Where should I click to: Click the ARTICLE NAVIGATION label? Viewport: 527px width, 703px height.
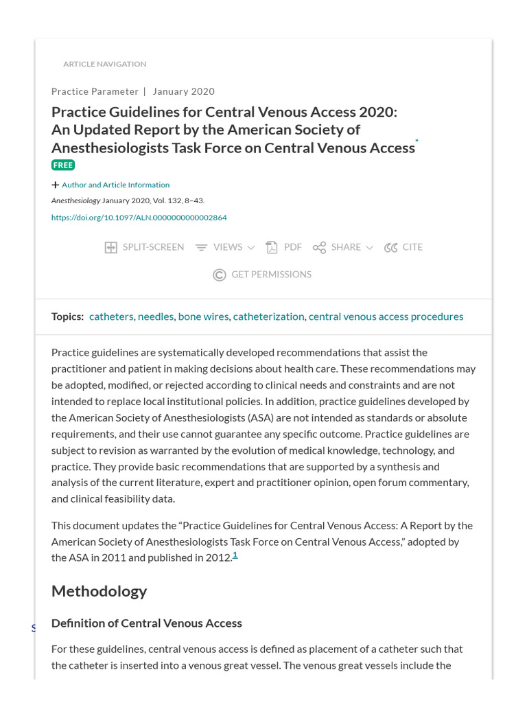104,64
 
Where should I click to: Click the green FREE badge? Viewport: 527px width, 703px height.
63,165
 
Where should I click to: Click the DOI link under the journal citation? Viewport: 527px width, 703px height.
139,218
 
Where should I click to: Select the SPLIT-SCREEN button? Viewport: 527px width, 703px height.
144,247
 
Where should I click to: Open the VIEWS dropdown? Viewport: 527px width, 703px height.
225,247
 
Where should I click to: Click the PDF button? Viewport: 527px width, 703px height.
284,247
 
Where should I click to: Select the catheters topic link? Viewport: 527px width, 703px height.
111,316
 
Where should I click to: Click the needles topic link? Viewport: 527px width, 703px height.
156,316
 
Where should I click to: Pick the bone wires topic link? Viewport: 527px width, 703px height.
203,316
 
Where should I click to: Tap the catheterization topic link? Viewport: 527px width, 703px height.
268,316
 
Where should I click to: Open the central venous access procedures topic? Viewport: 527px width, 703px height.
386,316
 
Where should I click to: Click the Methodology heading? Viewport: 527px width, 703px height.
99,591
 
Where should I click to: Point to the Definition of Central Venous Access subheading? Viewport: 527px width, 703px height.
146,623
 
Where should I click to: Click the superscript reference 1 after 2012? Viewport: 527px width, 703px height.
235,555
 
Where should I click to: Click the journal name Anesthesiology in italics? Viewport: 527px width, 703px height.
75,200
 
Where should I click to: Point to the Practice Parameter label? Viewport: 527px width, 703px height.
95,91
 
